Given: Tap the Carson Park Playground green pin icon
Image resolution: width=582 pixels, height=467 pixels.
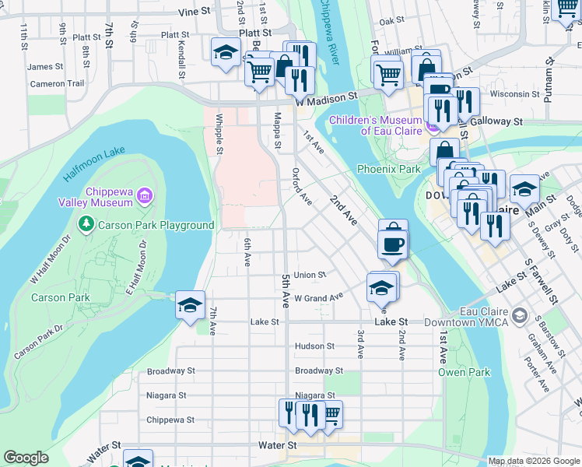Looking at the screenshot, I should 86,225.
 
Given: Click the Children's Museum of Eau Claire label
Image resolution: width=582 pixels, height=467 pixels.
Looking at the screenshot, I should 375,125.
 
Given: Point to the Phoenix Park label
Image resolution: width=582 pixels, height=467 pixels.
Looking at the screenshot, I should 388,169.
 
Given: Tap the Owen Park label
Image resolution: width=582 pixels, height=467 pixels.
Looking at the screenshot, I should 464,372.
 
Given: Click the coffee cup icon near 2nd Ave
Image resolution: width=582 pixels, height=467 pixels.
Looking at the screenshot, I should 393,244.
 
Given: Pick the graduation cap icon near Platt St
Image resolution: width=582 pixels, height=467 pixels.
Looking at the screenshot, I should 226,52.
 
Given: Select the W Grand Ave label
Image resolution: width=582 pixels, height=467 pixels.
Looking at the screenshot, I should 318,297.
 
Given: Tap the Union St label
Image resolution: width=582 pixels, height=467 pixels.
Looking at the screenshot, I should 310,275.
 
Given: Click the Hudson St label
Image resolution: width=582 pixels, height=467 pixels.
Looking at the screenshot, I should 314,346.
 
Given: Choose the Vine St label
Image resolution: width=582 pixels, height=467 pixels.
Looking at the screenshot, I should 195,12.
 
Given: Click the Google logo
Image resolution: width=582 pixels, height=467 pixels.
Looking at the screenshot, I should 26,458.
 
